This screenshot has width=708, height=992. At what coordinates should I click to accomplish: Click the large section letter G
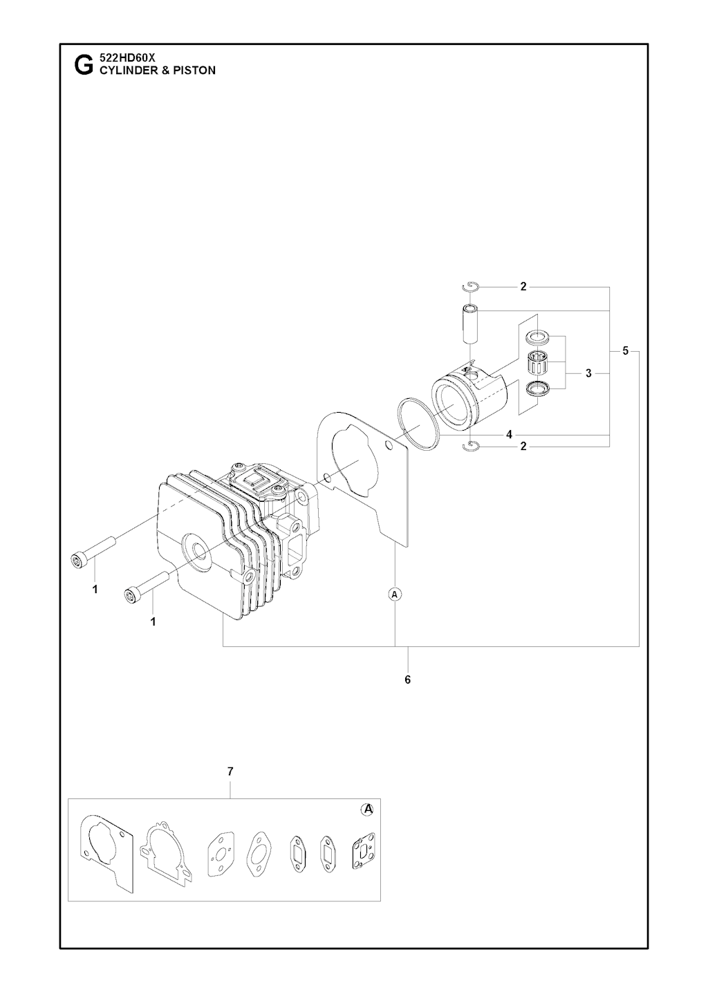pos(84,65)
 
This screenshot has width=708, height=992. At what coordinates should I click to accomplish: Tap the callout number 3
pos(588,373)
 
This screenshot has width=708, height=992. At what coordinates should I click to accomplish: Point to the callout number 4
pos(509,434)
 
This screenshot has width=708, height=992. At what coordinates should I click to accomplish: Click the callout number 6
pos(408,680)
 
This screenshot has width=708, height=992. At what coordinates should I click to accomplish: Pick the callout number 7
pos(230,771)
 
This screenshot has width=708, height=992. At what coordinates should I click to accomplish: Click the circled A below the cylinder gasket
pos(395,595)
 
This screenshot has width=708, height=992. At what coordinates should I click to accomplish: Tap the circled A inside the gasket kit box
pos(367,809)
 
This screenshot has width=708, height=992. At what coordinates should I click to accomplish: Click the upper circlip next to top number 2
pos(470,288)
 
